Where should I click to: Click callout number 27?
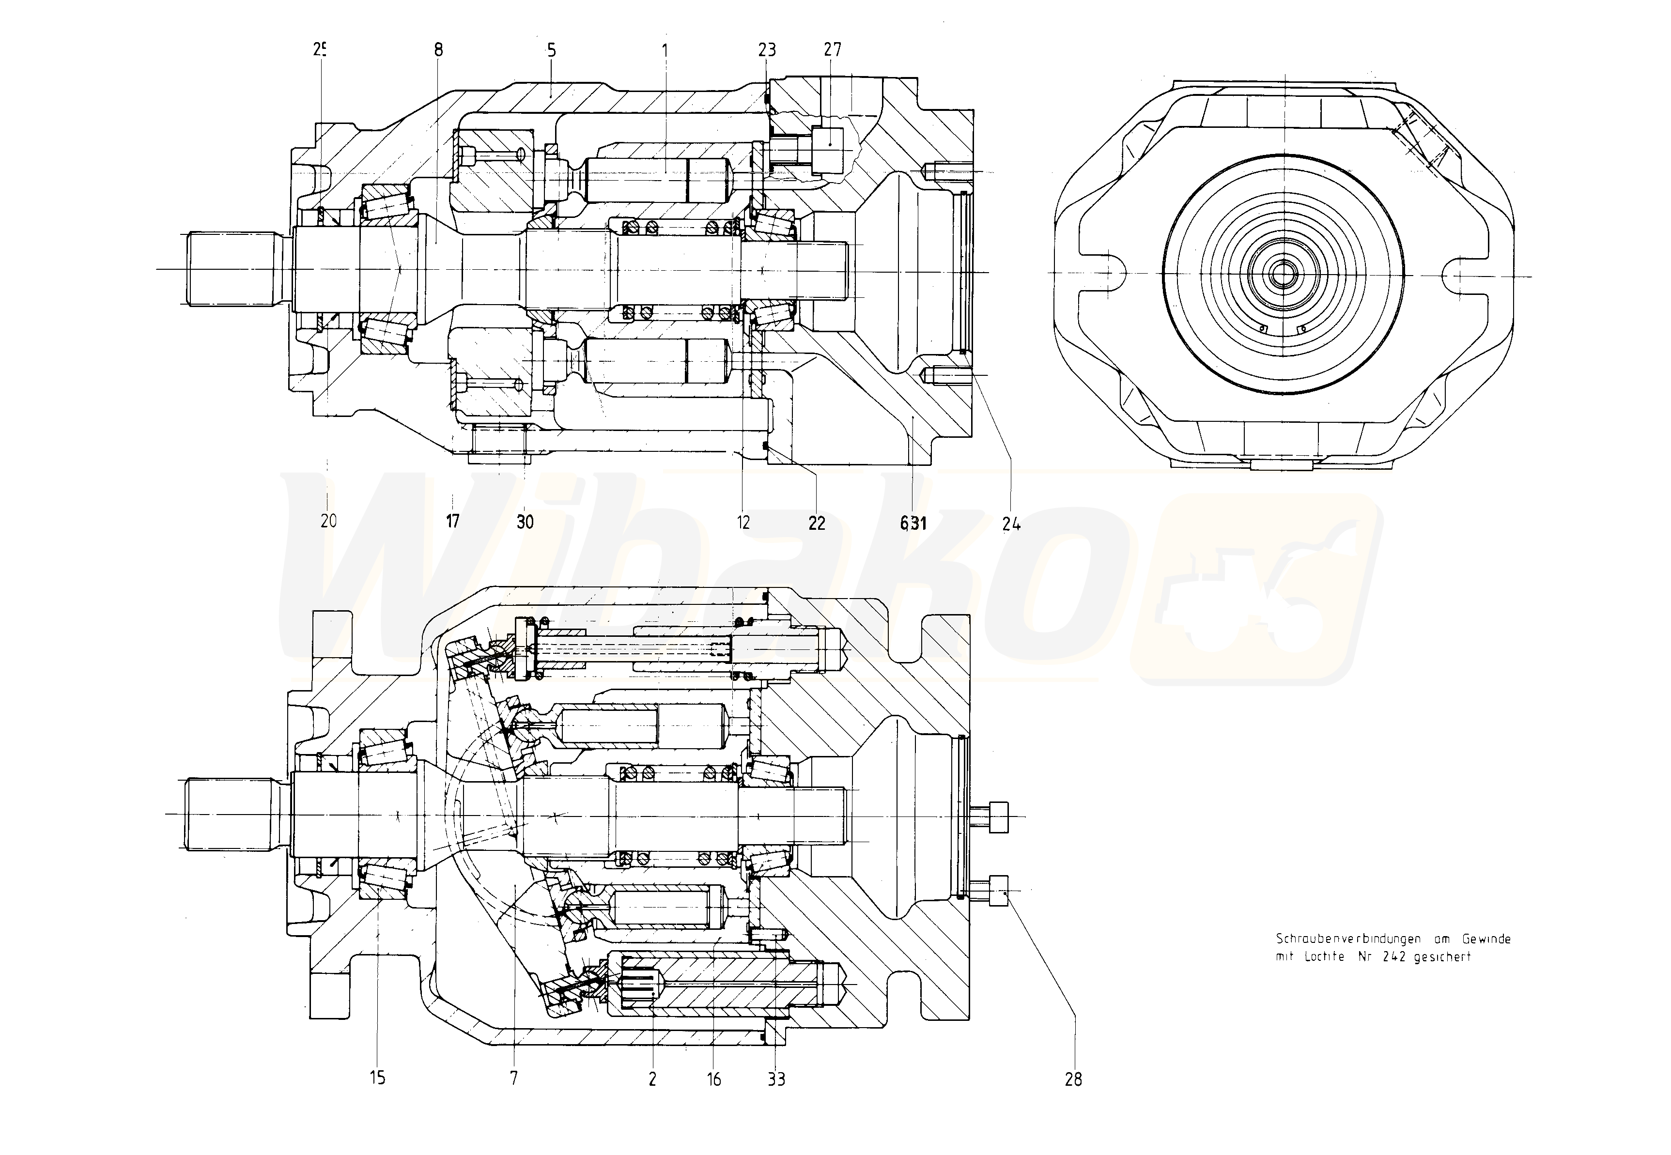832,50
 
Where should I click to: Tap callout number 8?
438,50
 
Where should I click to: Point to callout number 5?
552,50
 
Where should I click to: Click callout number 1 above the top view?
665,50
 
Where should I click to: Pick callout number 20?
328,521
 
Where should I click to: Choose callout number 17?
453,521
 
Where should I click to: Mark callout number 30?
526,522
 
